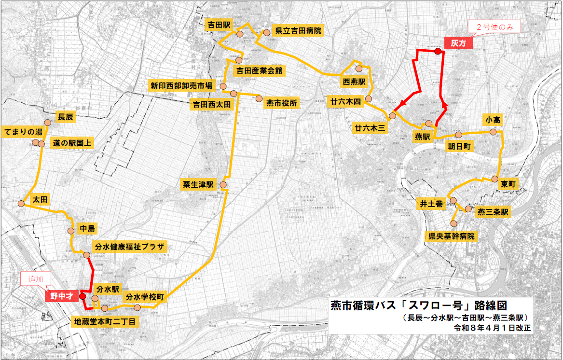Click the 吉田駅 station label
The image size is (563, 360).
click(219, 25)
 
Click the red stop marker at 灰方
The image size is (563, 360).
click(438, 52)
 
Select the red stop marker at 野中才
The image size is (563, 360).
click(82, 296)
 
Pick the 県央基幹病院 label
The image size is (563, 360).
click(452, 236)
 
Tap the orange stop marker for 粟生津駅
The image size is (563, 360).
click(223, 185)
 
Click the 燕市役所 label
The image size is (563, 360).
click(281, 103)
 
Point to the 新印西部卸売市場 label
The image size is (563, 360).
click(181, 86)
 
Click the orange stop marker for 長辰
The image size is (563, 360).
click(47, 123)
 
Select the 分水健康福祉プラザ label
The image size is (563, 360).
click(130, 247)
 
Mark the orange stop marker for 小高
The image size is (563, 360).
click(493, 132)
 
